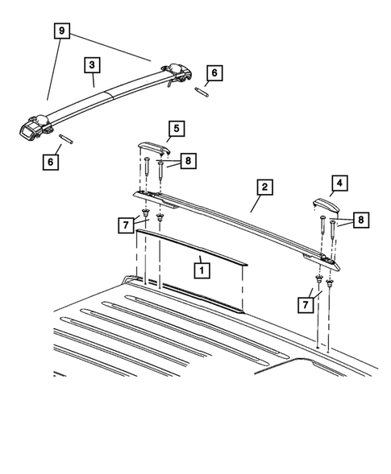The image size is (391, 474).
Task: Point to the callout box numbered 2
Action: point(264,188)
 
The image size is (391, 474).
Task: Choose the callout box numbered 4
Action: point(339,183)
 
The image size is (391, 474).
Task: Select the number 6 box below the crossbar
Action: point(52,161)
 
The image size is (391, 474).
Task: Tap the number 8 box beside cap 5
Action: point(186,161)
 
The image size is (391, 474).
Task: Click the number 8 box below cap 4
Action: point(359,219)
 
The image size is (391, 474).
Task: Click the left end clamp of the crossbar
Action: point(34,128)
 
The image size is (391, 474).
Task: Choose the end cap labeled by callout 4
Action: point(323,206)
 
